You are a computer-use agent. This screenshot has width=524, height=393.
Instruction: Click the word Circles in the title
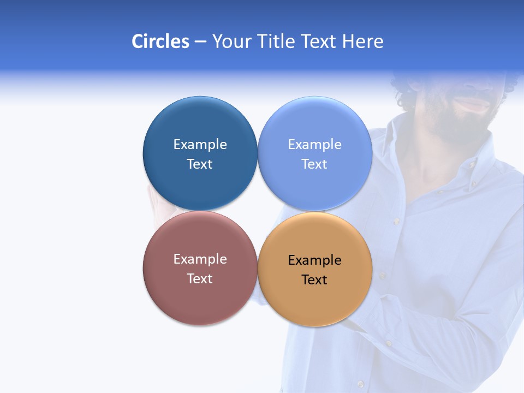point(160,41)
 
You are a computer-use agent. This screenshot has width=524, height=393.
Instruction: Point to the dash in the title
point(200,42)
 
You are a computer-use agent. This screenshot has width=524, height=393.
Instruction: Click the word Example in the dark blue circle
point(200,144)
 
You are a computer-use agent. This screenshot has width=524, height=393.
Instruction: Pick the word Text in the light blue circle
point(314,164)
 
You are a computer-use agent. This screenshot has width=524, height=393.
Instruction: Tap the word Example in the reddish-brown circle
point(200,259)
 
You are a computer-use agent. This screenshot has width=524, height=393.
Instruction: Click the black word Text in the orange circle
point(314,279)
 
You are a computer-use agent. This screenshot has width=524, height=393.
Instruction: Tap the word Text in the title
point(319,41)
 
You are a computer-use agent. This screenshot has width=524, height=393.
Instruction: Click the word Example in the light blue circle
point(314,144)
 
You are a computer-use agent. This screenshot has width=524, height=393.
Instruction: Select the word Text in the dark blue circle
point(200,164)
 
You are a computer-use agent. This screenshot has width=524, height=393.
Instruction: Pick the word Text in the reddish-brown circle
point(200,278)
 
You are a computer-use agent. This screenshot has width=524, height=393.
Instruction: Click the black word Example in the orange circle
point(314,260)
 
